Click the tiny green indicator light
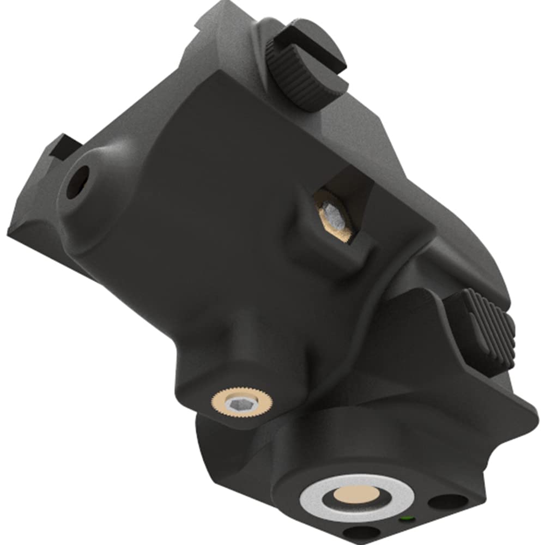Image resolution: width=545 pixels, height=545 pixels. point(404,518)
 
